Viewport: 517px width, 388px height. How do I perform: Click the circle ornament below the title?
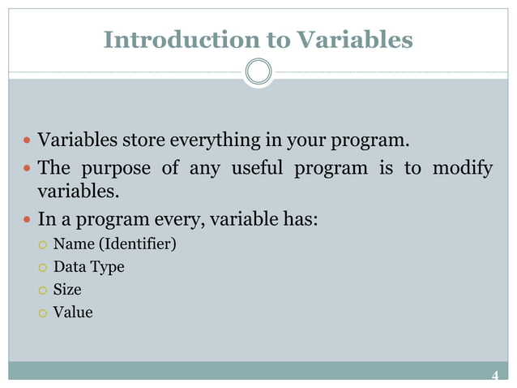click(x=258, y=72)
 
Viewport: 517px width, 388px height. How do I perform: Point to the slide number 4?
click(x=495, y=375)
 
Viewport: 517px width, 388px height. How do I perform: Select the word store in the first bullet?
click(x=143, y=141)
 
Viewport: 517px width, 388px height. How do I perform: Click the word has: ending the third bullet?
click(x=297, y=219)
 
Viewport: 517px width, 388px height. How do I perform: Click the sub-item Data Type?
click(x=88, y=266)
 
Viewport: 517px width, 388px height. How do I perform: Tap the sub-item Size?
click(x=67, y=289)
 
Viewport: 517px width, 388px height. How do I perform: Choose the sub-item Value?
click(x=73, y=312)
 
